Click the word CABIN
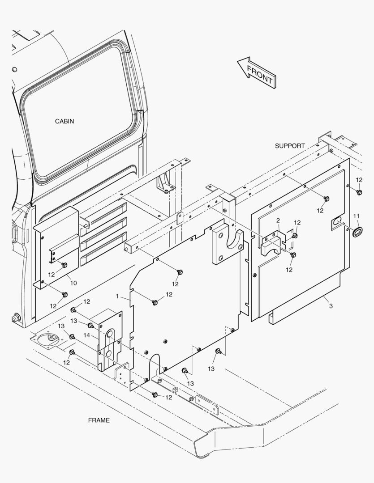tap(64, 121)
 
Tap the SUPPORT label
tap(290, 146)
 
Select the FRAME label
tap(99, 420)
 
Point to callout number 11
tap(357, 216)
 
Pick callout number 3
tap(331, 306)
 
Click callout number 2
tap(278, 220)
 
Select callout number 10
tap(73, 283)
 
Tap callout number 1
tap(117, 296)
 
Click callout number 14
tap(87, 335)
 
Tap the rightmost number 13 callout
tap(211, 369)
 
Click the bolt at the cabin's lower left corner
tap(15, 318)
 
